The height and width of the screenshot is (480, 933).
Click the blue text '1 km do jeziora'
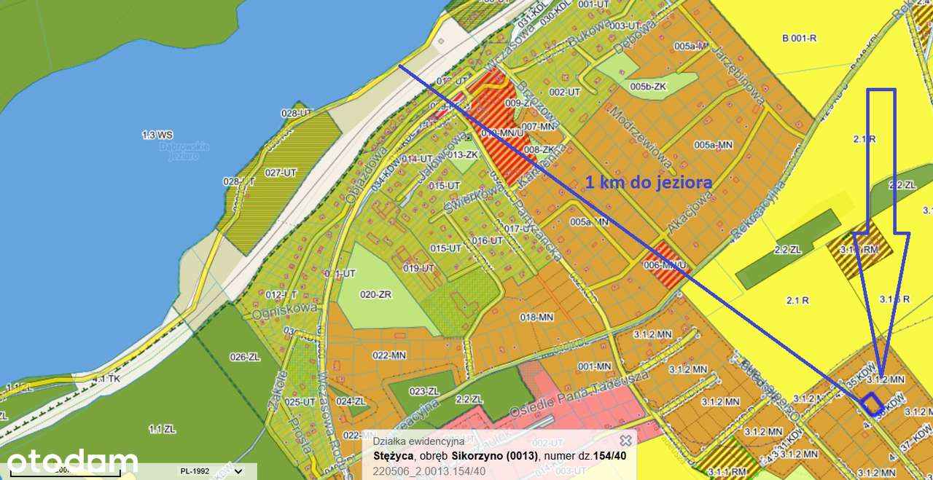[649, 182]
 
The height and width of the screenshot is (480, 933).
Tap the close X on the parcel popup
[625, 441]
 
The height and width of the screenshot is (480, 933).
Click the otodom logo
[72, 463]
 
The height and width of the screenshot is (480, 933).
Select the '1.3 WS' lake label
[157, 135]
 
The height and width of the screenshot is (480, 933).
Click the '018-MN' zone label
[537, 317]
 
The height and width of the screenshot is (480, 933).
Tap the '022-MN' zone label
[389, 355]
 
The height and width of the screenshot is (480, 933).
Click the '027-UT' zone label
[281, 173]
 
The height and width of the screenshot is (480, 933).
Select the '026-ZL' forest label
[245, 357]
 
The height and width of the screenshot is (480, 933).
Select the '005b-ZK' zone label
[648, 87]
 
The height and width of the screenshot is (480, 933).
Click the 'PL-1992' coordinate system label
[196, 471]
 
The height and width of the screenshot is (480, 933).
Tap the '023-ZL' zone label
[424, 391]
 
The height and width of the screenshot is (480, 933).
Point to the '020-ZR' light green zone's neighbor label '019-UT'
[418, 268]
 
